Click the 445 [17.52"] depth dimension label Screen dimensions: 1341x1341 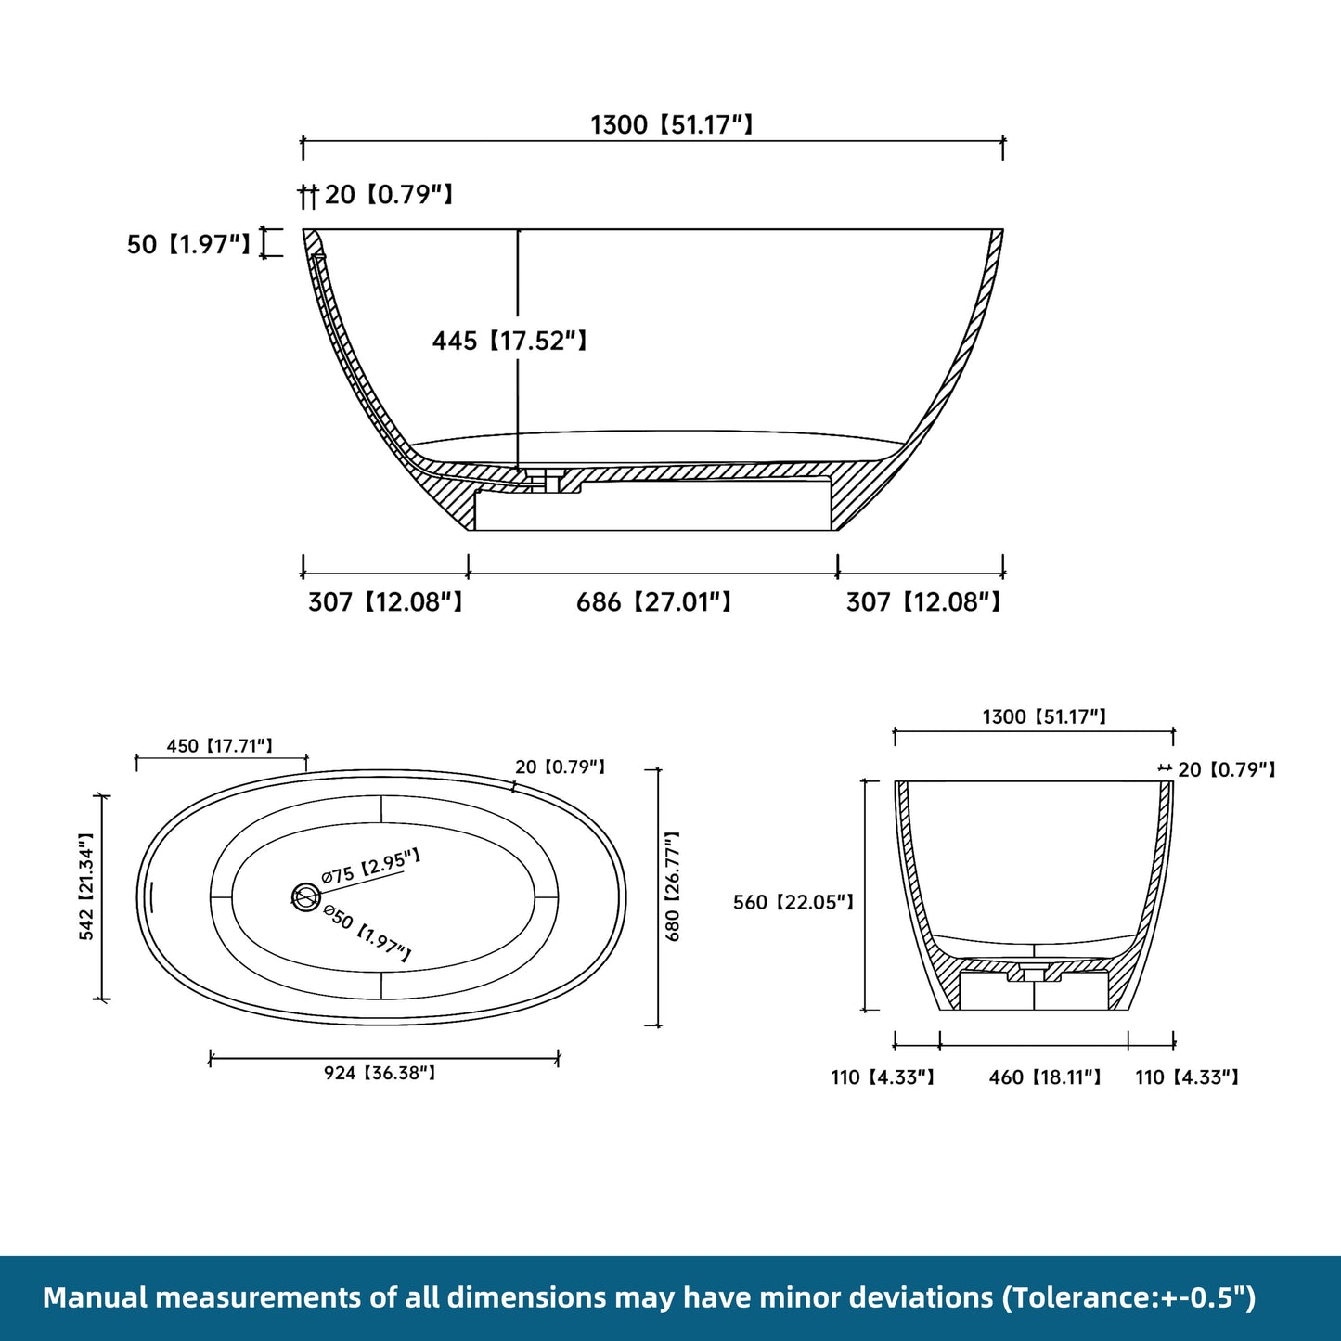509,342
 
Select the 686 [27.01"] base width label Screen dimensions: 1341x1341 653,603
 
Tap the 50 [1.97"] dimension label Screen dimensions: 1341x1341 188,245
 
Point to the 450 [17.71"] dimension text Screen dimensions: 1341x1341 220,746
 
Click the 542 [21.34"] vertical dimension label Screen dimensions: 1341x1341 86,886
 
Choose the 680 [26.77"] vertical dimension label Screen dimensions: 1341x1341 674,886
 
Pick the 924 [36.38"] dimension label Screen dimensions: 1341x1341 380,1074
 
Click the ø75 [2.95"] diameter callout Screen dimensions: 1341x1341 370,866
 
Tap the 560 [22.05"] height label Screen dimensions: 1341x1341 793,902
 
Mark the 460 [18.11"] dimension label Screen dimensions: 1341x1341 1045,1077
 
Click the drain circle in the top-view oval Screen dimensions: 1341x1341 306,896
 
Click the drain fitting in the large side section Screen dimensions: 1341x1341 542,477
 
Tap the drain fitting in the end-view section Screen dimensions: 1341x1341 1034,972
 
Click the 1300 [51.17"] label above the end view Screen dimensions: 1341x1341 1044,717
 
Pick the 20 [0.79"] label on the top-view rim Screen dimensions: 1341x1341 561,767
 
